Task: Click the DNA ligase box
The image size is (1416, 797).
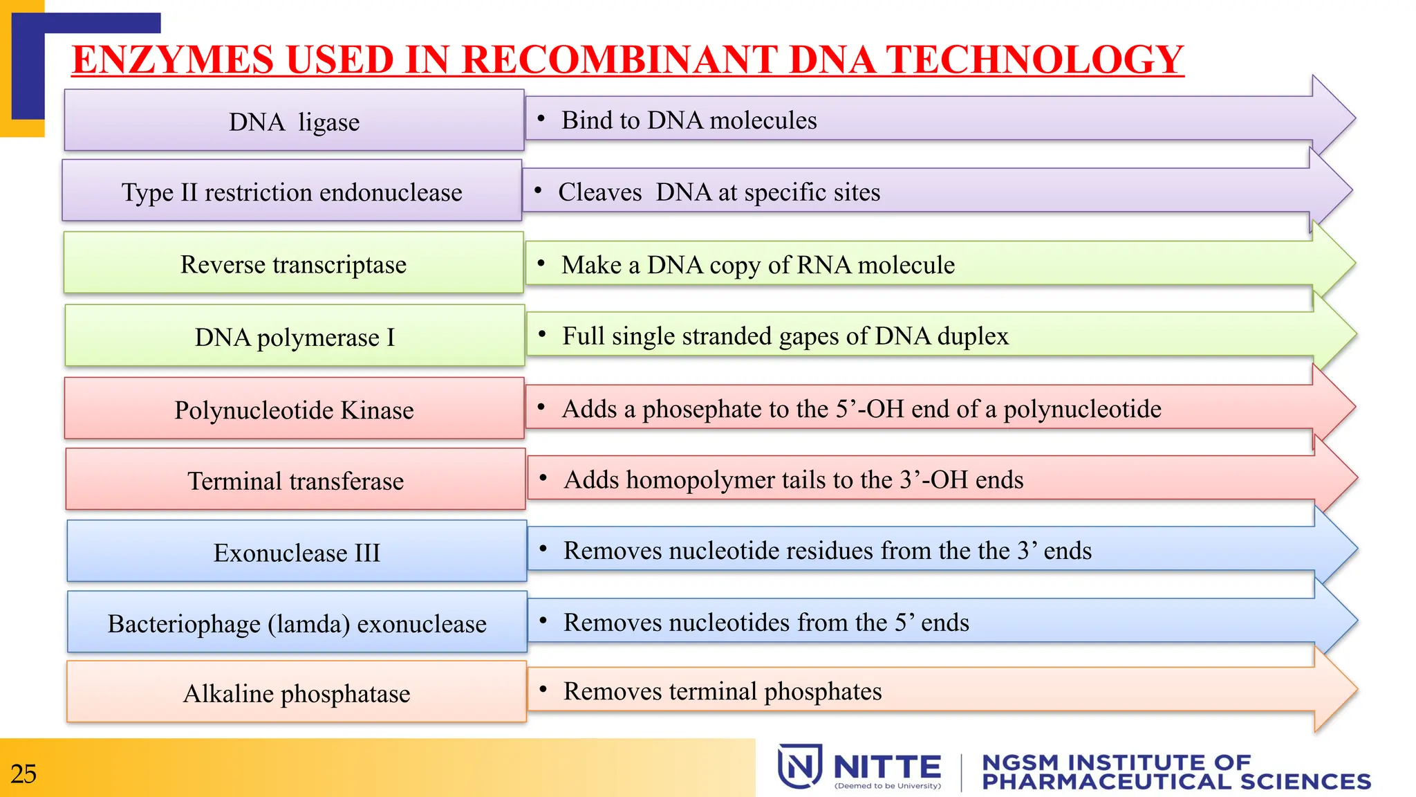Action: (x=294, y=121)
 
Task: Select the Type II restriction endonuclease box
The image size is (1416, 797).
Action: (x=292, y=192)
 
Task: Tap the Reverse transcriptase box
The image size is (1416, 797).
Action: (x=293, y=264)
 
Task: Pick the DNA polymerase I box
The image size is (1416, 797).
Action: (x=295, y=336)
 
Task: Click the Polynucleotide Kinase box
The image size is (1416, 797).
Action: (x=294, y=409)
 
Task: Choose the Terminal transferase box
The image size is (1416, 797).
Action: (x=295, y=480)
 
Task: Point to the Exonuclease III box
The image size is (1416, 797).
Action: (x=297, y=552)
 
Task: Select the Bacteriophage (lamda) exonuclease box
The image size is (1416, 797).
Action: (x=297, y=623)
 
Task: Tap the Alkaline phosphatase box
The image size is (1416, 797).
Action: (x=297, y=693)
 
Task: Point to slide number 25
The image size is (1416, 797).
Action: (x=24, y=773)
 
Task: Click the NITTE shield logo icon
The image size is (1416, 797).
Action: (x=800, y=767)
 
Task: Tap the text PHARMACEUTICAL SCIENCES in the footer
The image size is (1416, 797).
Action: (x=1176, y=782)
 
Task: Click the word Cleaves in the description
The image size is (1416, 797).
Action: (x=600, y=192)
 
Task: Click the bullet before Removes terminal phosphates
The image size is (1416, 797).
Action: (x=543, y=689)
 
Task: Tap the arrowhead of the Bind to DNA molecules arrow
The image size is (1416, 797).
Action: (x=1333, y=118)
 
